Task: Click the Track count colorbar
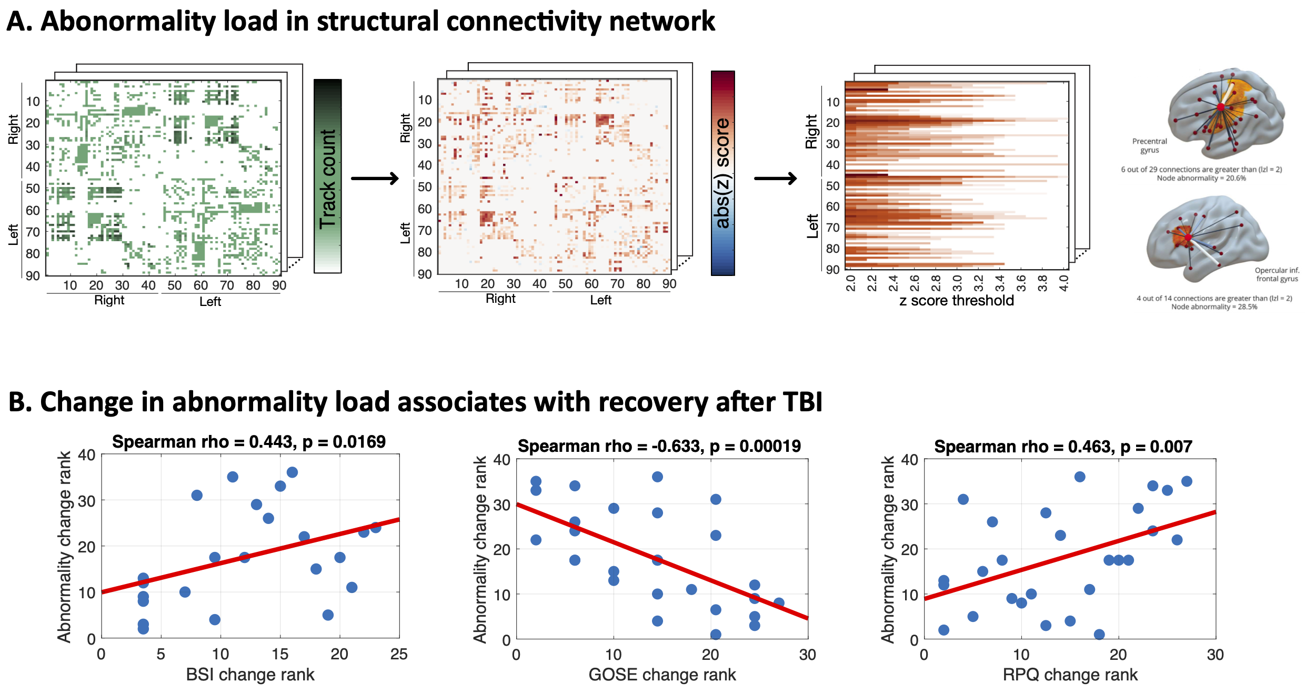tap(327, 176)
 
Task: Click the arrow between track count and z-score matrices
tap(375, 179)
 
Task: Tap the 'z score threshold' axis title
tap(956, 301)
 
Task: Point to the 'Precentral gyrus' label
tap(1149, 145)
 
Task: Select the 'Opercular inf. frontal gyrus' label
tap(1277, 274)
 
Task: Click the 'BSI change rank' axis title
tap(250, 675)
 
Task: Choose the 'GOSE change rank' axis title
tap(662, 675)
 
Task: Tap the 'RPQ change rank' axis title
tap(1070, 675)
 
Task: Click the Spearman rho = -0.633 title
tap(659, 446)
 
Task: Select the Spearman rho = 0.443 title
tap(249, 441)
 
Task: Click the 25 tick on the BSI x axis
tap(399, 654)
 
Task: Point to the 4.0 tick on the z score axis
tap(1063, 283)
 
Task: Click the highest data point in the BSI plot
tap(292, 472)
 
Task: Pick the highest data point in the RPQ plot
tap(1080, 477)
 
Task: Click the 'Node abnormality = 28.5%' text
tap(1214, 307)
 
